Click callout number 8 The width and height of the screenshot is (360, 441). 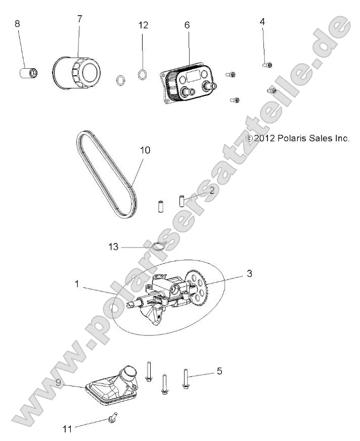click(17, 24)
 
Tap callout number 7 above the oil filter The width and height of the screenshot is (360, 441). click(79, 19)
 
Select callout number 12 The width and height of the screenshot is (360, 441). click(144, 25)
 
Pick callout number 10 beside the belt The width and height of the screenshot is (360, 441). click(146, 151)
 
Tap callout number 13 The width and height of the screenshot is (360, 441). click(113, 247)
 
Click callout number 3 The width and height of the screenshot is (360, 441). click(249, 274)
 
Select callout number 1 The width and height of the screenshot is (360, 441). click(77, 284)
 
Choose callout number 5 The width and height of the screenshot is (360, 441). click(219, 371)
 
